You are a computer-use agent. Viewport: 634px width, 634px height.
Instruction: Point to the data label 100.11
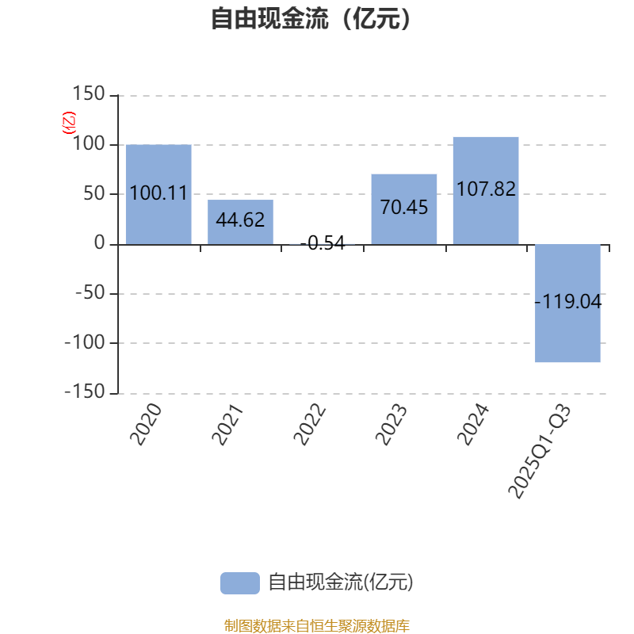tap(158, 193)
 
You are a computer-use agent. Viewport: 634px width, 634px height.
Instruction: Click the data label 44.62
tap(240, 220)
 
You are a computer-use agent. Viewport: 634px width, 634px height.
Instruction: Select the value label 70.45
tap(404, 208)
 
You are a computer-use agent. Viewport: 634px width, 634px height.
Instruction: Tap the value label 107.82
tap(486, 189)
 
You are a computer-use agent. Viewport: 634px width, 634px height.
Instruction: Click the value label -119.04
tap(568, 302)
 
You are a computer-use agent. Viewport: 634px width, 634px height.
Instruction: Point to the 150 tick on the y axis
tap(88, 95)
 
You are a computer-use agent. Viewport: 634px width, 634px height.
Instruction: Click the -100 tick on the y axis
tap(84, 343)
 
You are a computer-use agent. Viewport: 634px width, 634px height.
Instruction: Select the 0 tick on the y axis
tap(99, 243)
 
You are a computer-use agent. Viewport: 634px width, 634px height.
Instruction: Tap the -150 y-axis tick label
tap(84, 392)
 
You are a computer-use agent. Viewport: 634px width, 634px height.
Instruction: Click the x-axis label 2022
tap(310, 423)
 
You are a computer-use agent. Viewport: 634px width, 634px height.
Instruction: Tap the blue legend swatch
tap(239, 582)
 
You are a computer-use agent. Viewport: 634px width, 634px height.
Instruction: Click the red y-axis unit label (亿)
tap(69, 122)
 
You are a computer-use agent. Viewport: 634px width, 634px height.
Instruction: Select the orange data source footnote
tap(316, 625)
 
